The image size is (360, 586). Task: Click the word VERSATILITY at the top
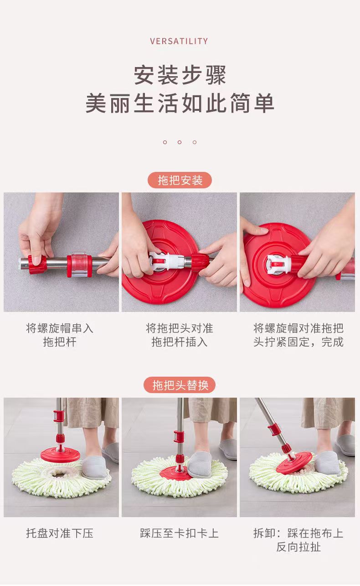[179, 41]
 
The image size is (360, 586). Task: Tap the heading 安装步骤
[180, 75]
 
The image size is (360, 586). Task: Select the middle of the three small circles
[180, 142]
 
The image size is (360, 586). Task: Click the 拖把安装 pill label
[180, 180]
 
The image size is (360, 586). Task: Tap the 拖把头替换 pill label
[180, 385]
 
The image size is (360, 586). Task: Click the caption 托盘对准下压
[60, 533]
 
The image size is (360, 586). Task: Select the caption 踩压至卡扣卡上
[180, 533]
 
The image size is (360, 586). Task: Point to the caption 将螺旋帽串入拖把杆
[60, 335]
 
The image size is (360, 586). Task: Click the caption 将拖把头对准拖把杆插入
[180, 335]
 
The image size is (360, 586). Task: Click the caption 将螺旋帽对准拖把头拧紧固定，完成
[298, 335]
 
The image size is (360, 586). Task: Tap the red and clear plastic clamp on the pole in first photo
[79, 265]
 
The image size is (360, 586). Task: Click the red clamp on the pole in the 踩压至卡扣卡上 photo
[179, 436]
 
